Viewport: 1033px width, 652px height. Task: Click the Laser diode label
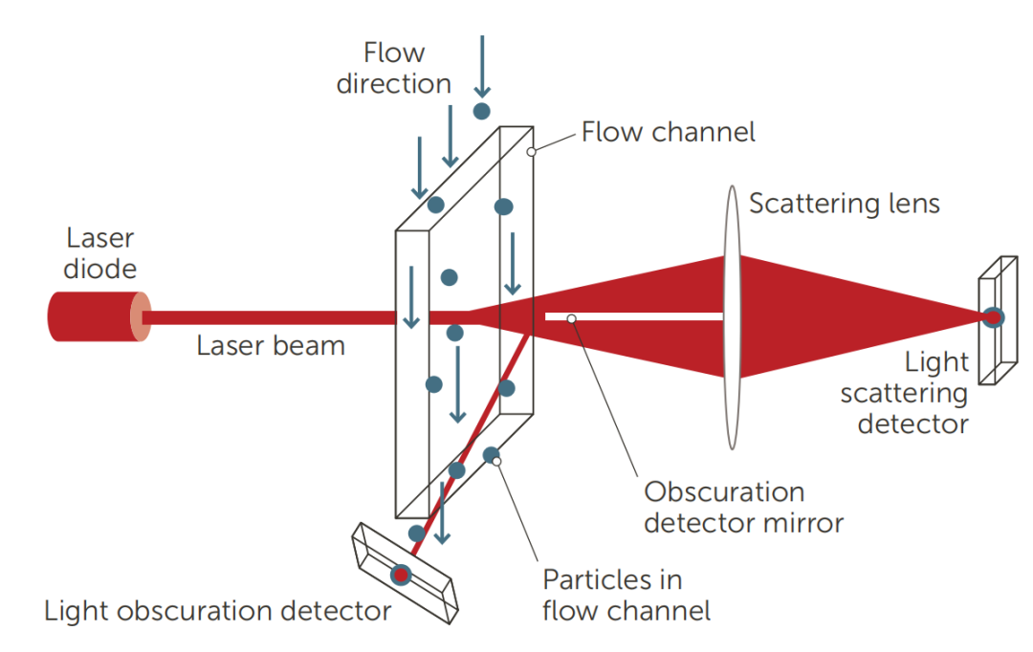[x=99, y=253]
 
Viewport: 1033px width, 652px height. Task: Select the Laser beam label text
[x=271, y=345]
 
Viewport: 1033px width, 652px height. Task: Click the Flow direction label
[x=393, y=68]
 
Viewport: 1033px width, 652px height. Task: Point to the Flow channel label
[x=669, y=132]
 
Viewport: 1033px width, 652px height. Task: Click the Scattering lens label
[x=845, y=203]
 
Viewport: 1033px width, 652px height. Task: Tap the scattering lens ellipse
[x=733, y=315]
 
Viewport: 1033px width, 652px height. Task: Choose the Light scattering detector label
[x=912, y=392]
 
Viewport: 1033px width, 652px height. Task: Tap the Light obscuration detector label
[x=217, y=611]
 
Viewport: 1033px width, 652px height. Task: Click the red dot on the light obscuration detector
[x=401, y=575]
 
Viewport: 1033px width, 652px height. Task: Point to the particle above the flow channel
[x=482, y=111]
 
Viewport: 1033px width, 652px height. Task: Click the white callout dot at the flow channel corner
[x=531, y=151]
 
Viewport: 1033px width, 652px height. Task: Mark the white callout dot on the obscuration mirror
[x=570, y=316]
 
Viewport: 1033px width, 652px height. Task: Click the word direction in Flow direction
[x=393, y=83]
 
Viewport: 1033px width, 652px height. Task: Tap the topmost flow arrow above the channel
[x=482, y=62]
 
